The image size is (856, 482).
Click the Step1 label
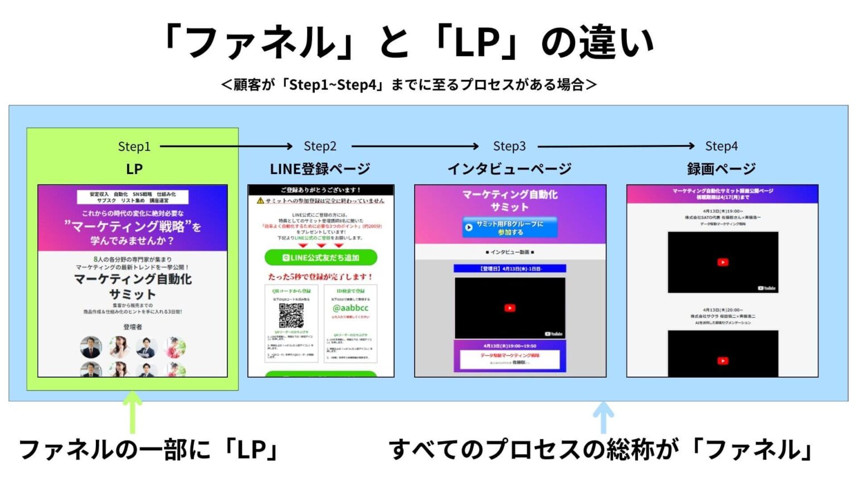134,147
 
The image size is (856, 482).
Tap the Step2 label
320,146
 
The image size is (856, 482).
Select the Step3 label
509,146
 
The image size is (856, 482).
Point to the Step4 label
721,146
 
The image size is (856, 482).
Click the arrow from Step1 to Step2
226,147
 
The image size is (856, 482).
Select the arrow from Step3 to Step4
616,146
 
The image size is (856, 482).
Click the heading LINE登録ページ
320,168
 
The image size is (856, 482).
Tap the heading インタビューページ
509,168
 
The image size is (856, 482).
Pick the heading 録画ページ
721,168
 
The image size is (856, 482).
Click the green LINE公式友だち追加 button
321,258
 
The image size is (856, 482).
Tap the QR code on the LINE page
291,316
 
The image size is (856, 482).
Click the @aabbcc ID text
351,308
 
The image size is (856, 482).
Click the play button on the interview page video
509,308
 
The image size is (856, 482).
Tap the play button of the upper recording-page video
723,262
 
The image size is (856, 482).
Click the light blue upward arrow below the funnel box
603,416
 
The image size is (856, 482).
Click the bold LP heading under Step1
134,169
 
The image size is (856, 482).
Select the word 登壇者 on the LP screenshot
133,327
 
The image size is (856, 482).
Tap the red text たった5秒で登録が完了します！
320,277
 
